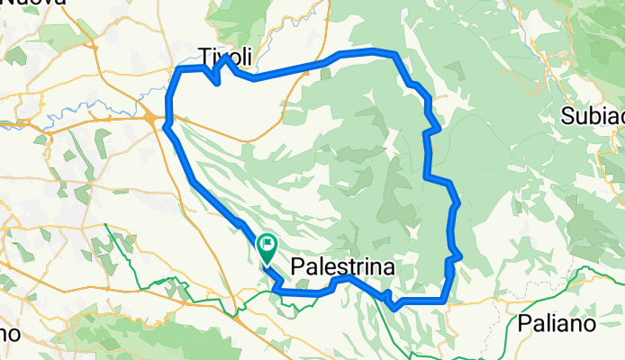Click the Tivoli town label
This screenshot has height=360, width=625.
[225, 55]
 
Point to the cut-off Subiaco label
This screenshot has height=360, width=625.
[593, 115]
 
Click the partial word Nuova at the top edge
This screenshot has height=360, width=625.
[34, 4]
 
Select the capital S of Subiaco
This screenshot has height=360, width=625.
[567, 115]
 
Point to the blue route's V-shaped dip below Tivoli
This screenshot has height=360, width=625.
[217, 83]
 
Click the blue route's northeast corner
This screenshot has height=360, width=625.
[394, 54]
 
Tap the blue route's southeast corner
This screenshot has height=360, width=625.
[445, 299]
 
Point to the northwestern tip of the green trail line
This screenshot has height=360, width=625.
[106, 225]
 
